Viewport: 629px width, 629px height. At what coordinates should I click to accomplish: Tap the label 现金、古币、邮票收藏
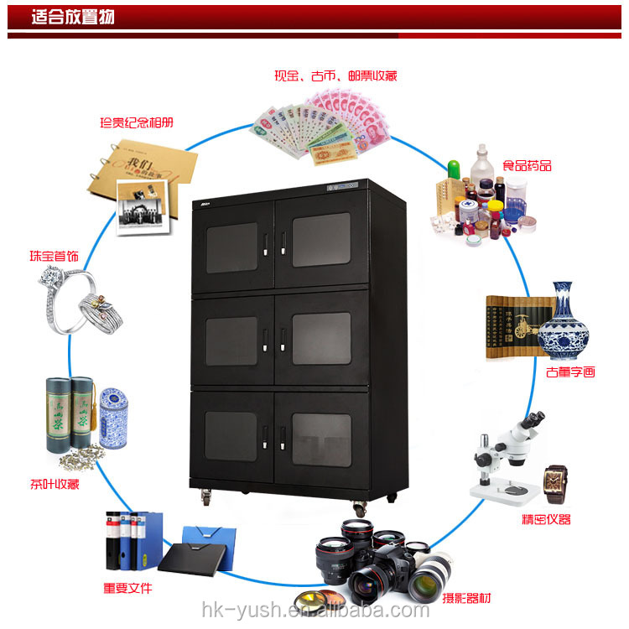click(x=335, y=75)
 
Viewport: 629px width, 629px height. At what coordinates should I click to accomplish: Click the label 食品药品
click(x=526, y=165)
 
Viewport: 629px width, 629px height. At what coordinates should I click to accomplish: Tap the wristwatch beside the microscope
click(x=555, y=484)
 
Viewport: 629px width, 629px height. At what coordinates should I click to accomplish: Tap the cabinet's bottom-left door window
click(x=231, y=435)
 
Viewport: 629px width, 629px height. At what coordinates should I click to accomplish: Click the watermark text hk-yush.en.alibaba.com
click(x=314, y=610)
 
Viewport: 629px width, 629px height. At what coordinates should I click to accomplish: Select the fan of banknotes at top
click(x=319, y=126)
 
